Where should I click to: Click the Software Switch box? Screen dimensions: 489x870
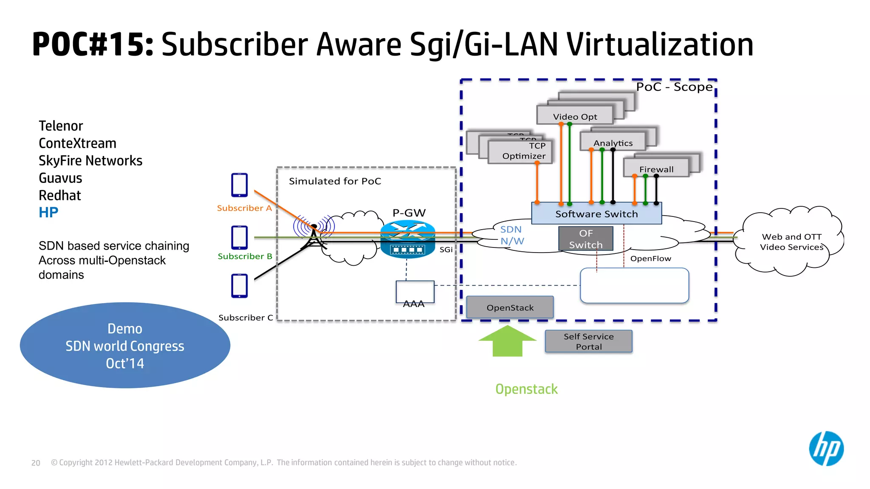(596, 214)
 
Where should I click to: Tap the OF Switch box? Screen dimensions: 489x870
(585, 239)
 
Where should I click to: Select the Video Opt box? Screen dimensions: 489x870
(575, 116)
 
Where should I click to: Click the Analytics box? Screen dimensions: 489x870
(613, 142)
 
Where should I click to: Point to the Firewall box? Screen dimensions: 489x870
(656, 169)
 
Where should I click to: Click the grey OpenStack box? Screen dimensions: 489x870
(510, 307)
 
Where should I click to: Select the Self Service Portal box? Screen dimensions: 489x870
(588, 341)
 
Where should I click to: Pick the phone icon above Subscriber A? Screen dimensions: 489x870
(240, 185)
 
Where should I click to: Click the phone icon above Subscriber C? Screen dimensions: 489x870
(240, 286)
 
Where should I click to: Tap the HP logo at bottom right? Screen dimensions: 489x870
(826, 449)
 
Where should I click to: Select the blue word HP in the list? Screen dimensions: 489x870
(48, 212)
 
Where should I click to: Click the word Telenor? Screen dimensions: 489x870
(61, 126)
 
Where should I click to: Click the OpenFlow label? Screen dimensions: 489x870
(650, 259)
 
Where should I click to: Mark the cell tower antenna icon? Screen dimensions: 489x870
(314, 236)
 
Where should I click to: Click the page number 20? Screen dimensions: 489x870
(36, 463)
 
